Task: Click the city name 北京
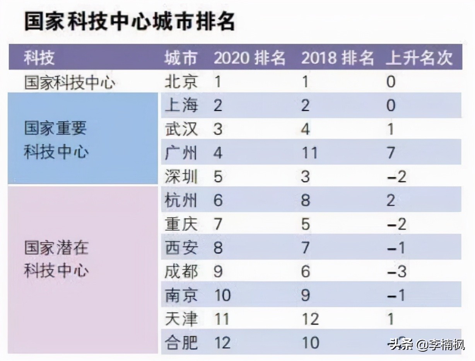pos(181,82)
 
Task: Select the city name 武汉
pos(181,129)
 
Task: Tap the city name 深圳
pos(181,177)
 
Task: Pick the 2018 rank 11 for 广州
pos(309,153)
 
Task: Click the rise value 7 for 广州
pos(391,153)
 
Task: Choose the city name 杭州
pos(181,201)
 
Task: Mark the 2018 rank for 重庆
pos(306,224)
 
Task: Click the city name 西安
pos(181,248)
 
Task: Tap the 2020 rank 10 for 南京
pos(222,296)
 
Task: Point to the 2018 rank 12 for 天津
pos(310,319)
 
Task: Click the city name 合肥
pos(181,343)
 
